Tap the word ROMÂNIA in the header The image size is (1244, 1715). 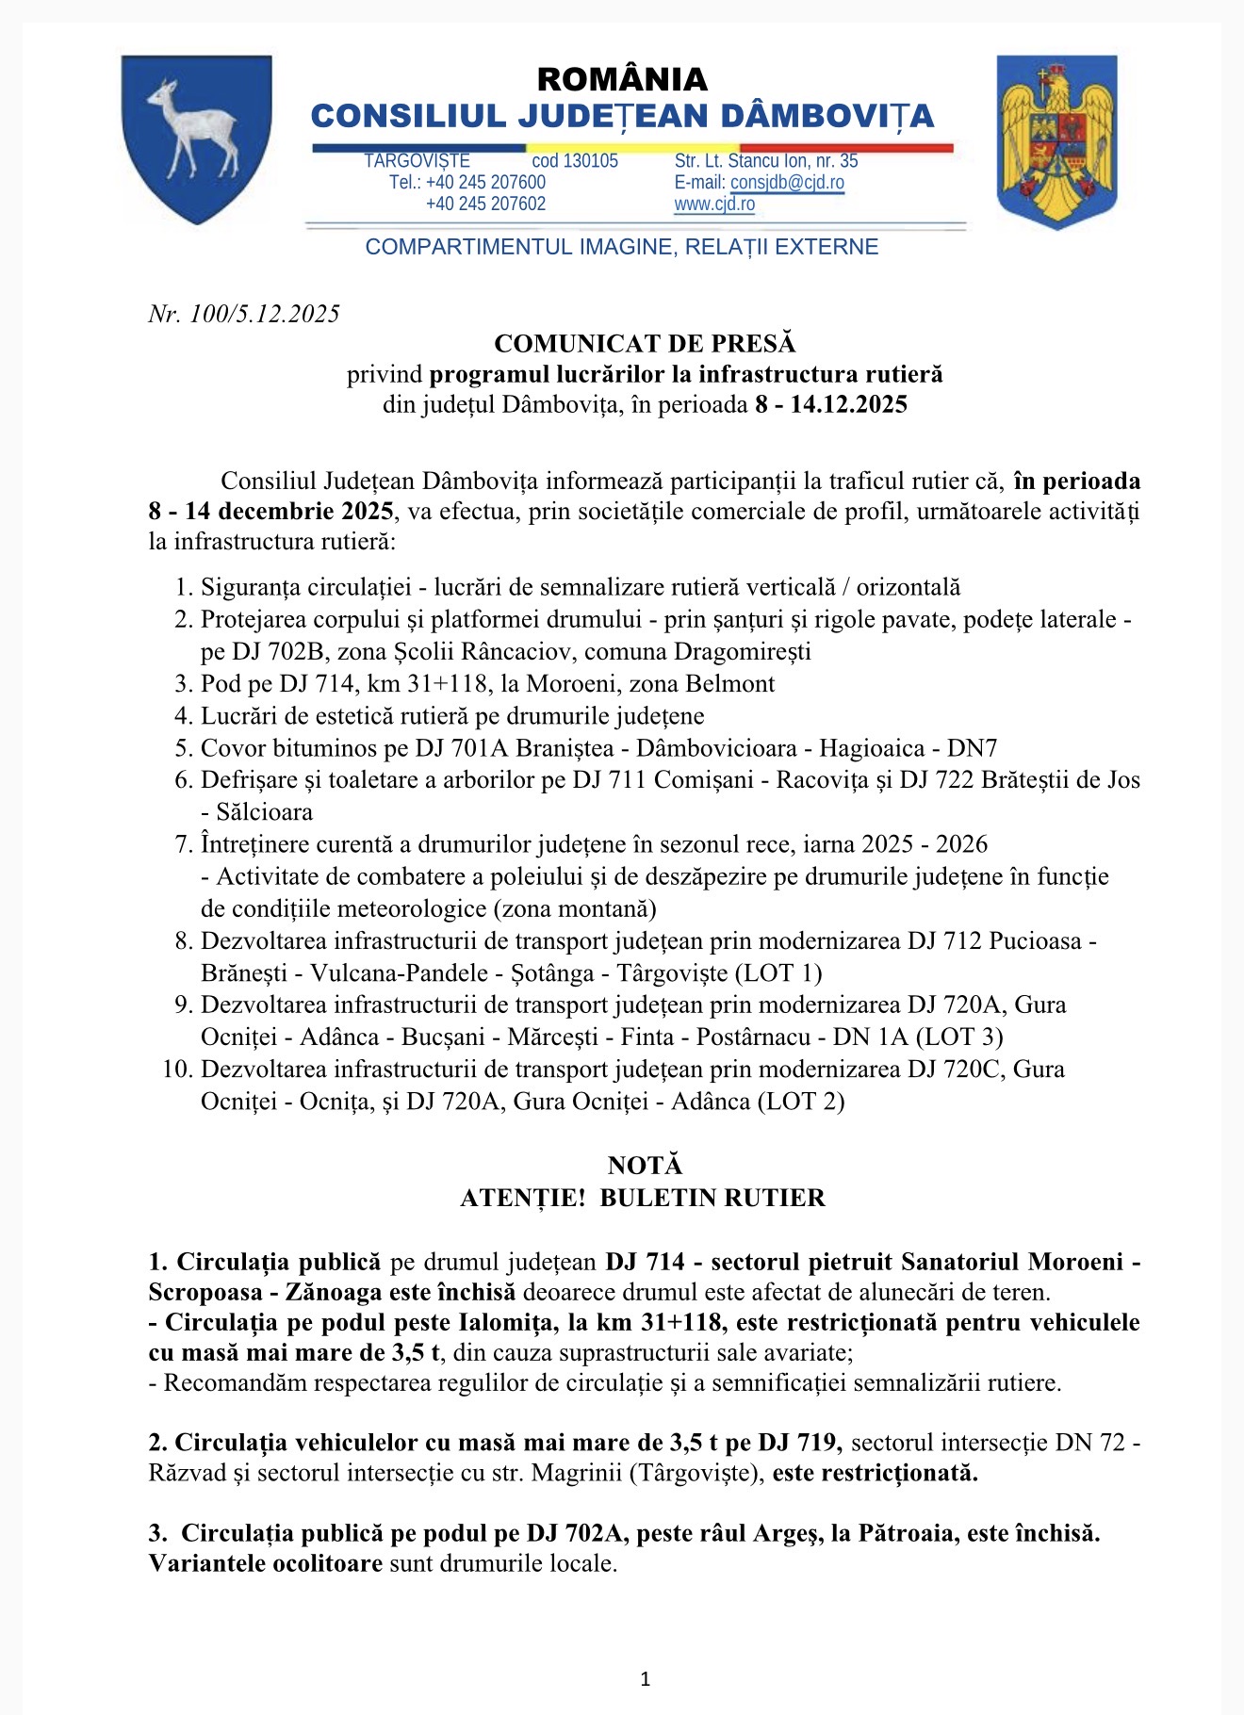(622, 78)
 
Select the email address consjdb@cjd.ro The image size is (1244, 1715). (787, 183)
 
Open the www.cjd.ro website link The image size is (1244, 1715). (714, 204)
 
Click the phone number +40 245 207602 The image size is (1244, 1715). (485, 204)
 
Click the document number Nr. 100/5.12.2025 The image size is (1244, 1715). (244, 314)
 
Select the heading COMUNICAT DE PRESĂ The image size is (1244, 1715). (645, 344)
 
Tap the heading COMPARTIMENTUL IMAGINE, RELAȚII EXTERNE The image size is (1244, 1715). (622, 247)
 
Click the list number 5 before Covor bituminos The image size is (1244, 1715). (184, 748)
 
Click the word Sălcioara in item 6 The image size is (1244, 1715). (264, 812)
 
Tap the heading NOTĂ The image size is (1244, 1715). (645, 1166)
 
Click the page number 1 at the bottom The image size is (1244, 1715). (645, 1678)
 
